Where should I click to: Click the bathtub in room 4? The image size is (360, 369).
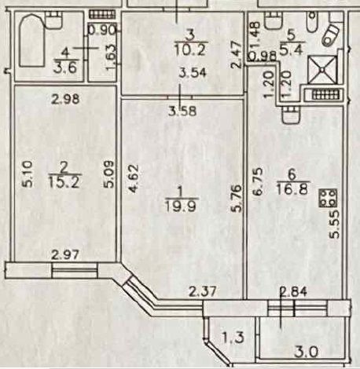tap(31, 41)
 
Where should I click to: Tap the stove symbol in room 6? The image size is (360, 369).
tap(328, 198)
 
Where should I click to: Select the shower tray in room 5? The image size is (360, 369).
tap(322, 70)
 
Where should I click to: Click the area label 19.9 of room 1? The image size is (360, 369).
tap(181, 206)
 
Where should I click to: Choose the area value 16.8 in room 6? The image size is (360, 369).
tap(292, 189)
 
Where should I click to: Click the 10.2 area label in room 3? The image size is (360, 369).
tap(190, 49)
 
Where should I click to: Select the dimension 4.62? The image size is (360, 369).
tap(133, 178)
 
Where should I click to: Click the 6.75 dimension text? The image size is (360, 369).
tap(257, 181)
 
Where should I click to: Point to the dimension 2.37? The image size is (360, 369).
tap(203, 291)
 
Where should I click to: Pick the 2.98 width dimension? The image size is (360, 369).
tap(65, 99)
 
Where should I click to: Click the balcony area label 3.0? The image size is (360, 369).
tap(306, 352)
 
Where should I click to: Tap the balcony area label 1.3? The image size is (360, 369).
tap(233, 338)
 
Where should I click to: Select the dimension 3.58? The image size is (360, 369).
tap(182, 111)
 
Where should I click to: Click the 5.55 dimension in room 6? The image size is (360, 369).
tap(335, 224)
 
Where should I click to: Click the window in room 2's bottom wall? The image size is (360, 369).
tap(75, 271)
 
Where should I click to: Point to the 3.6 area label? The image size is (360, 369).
tap(64, 68)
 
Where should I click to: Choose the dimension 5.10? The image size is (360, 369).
tap(27, 174)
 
